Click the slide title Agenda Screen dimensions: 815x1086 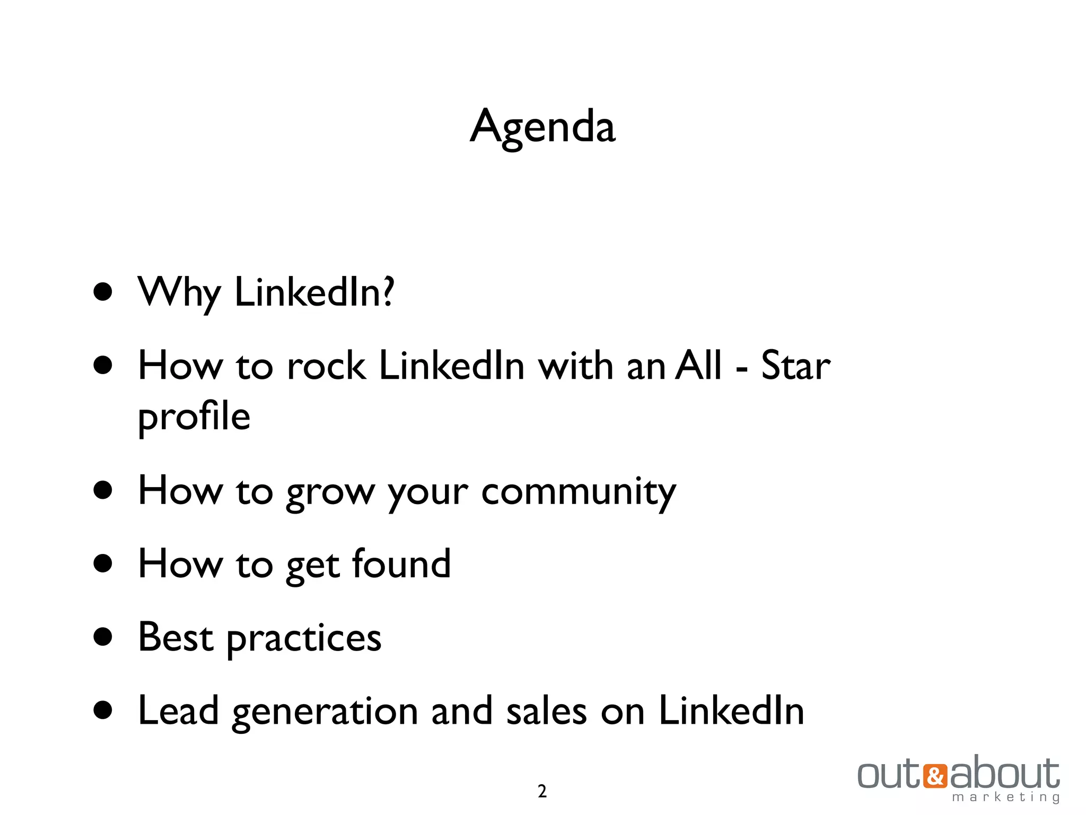coord(542,127)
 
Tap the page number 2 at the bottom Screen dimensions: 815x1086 coord(542,791)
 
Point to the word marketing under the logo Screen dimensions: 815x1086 coord(1005,797)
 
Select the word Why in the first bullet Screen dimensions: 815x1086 coord(179,293)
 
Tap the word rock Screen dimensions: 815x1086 coord(326,366)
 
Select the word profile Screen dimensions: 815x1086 coord(194,417)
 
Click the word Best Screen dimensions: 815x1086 coord(176,637)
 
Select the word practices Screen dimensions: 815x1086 coord(304,639)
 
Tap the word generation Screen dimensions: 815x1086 coord(325,712)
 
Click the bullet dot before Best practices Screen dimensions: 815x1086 coord(103,637)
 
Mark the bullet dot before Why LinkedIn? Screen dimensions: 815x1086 coord(103,292)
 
